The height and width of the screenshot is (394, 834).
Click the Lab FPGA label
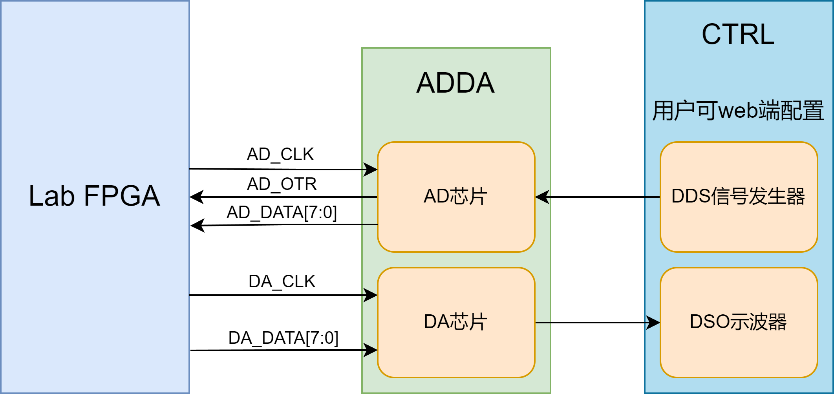(x=94, y=196)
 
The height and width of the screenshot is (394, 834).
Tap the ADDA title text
(x=455, y=83)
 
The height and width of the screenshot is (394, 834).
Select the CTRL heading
(x=738, y=34)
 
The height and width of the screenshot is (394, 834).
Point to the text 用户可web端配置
(x=738, y=110)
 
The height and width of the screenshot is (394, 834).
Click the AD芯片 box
(x=456, y=197)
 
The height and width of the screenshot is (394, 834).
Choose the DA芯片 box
(x=456, y=322)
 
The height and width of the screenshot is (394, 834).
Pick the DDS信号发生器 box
(x=738, y=197)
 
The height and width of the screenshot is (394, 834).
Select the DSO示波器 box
(x=738, y=322)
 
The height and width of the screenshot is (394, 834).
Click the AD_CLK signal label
(x=280, y=154)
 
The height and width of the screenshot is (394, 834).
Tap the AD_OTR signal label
(x=282, y=184)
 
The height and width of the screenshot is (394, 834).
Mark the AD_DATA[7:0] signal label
(x=282, y=212)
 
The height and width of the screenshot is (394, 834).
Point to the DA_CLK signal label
(x=282, y=281)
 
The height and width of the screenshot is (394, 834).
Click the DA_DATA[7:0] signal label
(x=283, y=338)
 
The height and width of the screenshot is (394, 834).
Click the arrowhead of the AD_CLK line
(x=371, y=170)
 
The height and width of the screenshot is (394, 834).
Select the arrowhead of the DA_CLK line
(x=371, y=295)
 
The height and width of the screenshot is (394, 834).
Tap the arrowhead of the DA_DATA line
(x=371, y=350)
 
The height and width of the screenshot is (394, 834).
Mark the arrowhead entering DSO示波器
(x=653, y=323)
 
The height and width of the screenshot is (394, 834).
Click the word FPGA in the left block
(x=122, y=196)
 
